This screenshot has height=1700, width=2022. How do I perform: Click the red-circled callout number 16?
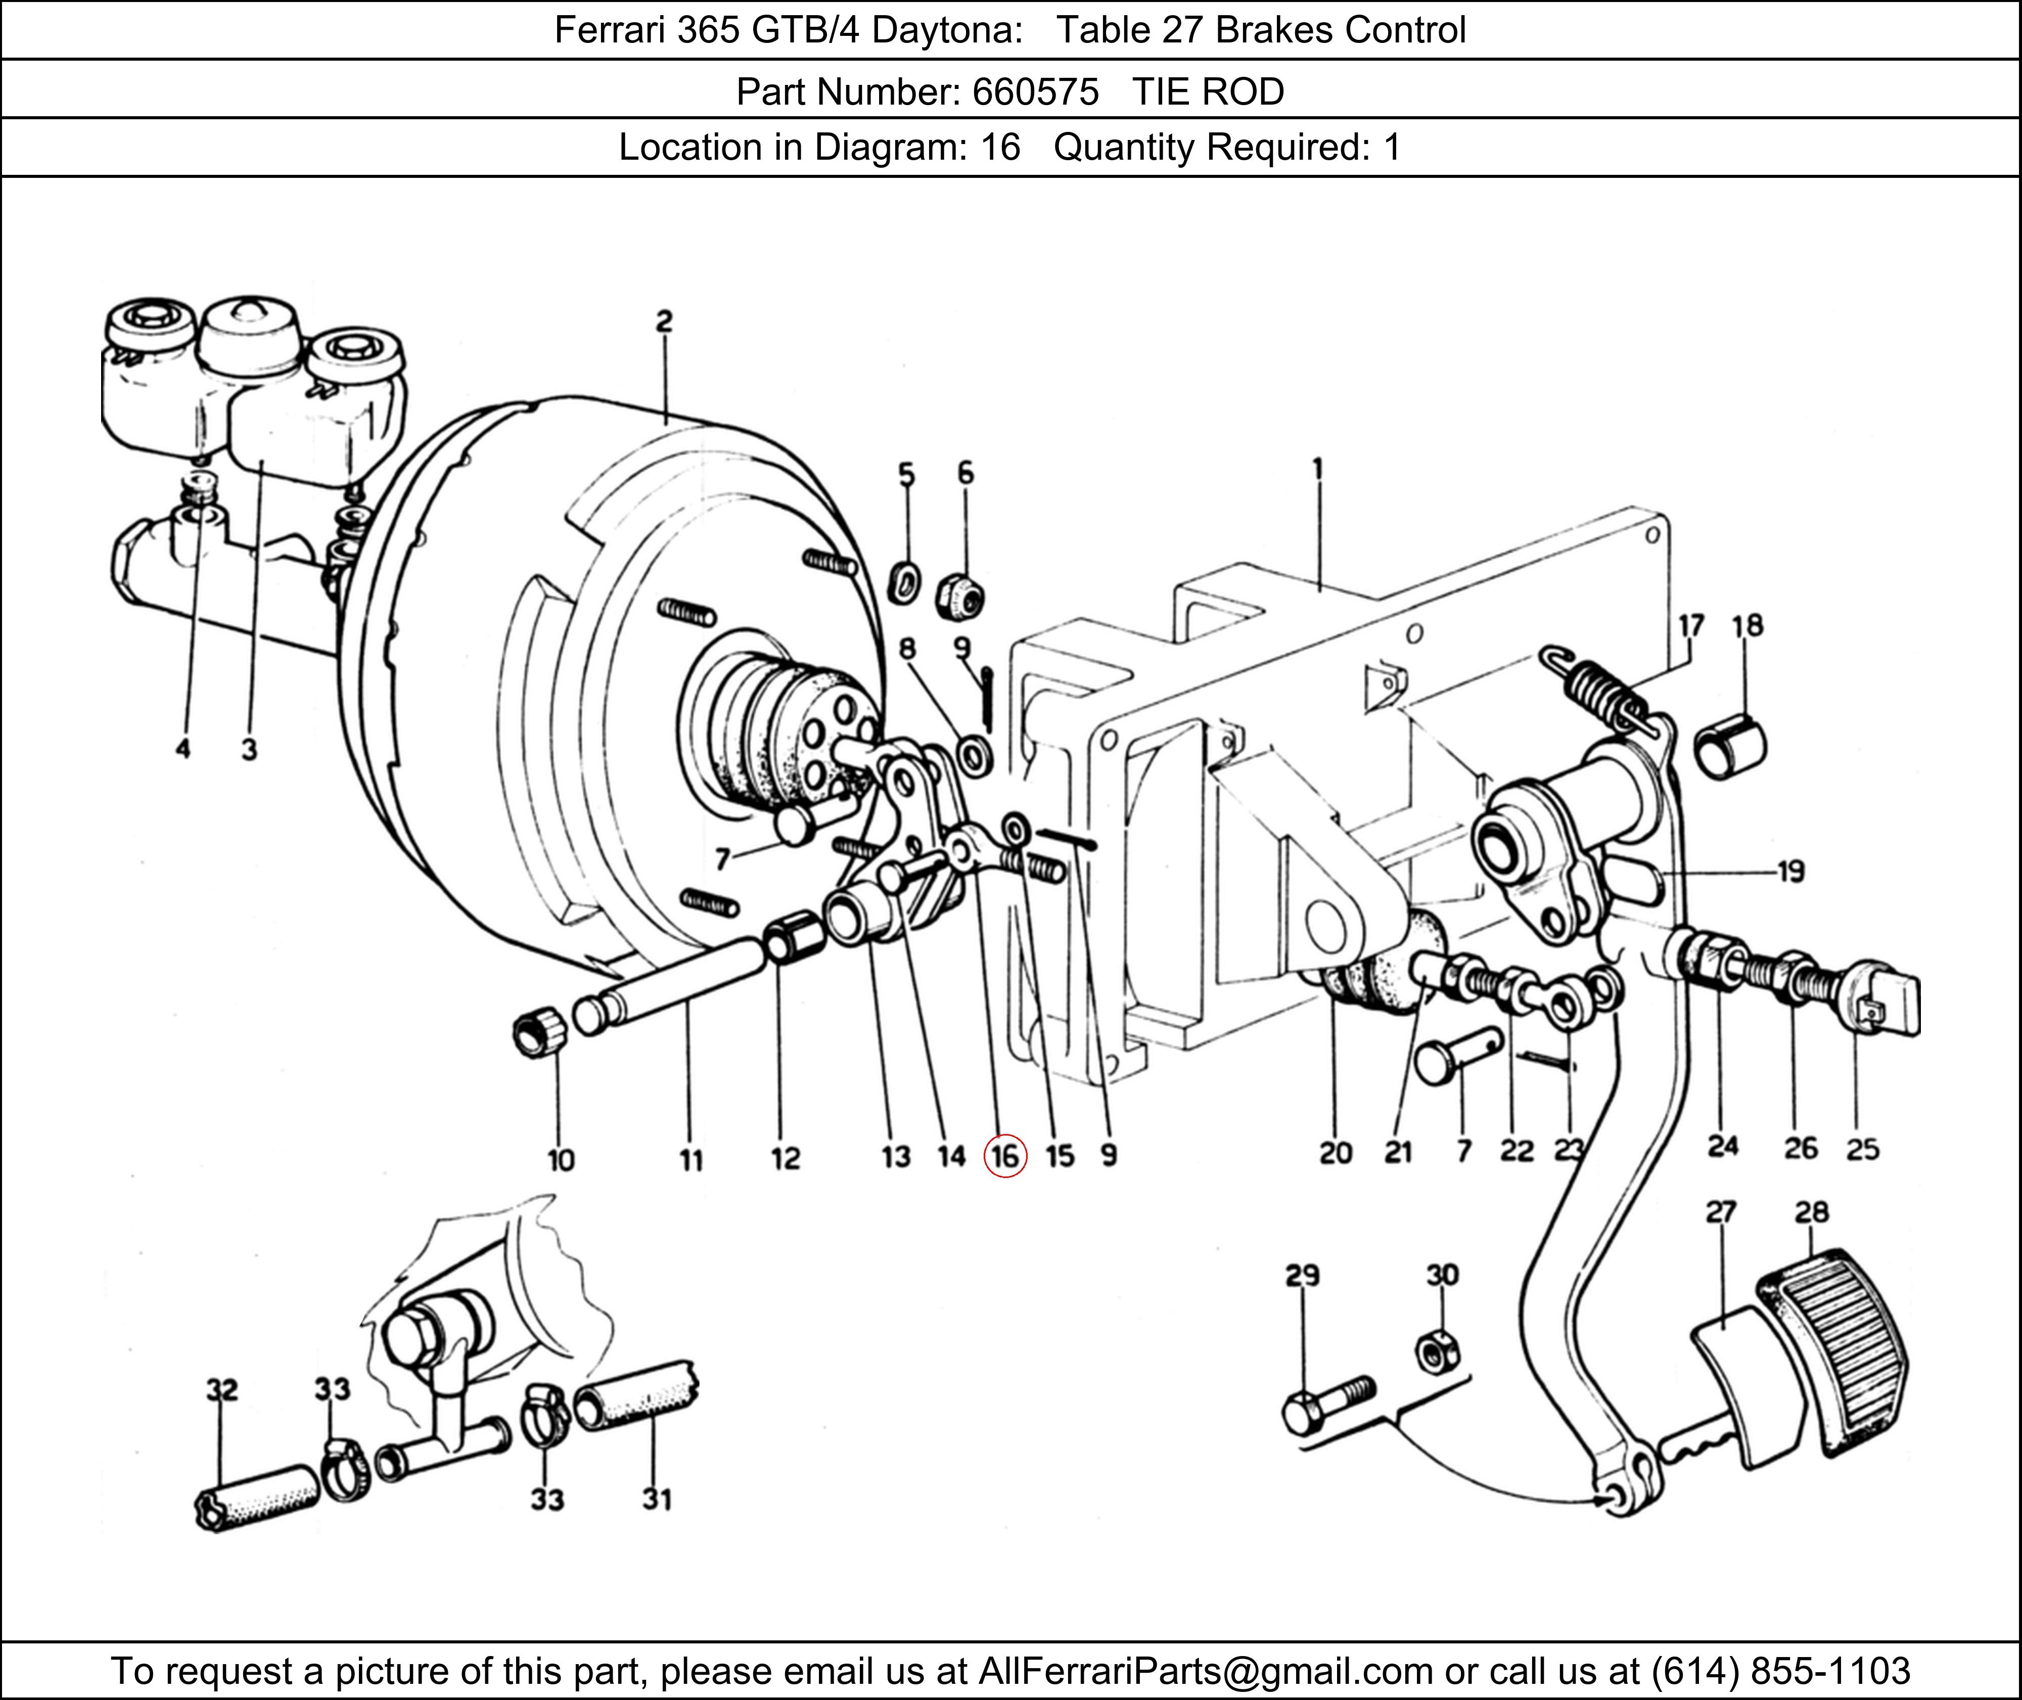click(1004, 1156)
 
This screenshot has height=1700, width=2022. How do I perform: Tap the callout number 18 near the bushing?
click(1747, 627)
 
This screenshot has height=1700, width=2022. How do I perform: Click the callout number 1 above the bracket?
click(1317, 470)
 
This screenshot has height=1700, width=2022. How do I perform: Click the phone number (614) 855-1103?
click(1780, 1670)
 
